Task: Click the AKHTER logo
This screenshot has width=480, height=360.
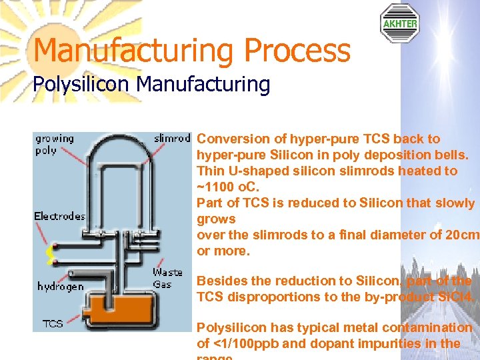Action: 399,23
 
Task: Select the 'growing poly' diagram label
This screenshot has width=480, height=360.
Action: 54,145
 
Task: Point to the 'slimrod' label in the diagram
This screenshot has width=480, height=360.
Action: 172,139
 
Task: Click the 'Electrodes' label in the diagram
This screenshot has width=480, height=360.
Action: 60,216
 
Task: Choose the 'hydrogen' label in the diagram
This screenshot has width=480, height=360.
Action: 61,287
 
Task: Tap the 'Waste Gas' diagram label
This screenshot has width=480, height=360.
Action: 167,278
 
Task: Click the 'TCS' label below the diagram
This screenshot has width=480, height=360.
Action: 53,323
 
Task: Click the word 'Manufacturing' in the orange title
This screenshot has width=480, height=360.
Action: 133,50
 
